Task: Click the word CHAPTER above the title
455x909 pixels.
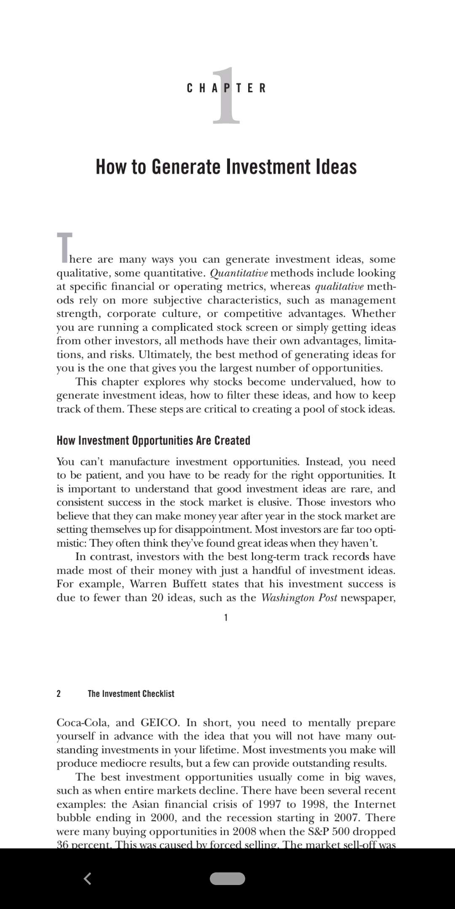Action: click(x=226, y=88)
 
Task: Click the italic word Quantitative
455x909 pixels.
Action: click(x=238, y=273)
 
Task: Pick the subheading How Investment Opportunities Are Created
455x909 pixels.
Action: click(x=153, y=441)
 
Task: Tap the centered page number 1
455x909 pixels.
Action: click(x=226, y=618)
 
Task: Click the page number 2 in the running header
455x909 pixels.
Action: click(x=59, y=694)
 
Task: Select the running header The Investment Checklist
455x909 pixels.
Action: click(x=131, y=694)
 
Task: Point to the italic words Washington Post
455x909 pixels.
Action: click(x=299, y=598)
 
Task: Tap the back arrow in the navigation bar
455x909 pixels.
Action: click(x=88, y=879)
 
